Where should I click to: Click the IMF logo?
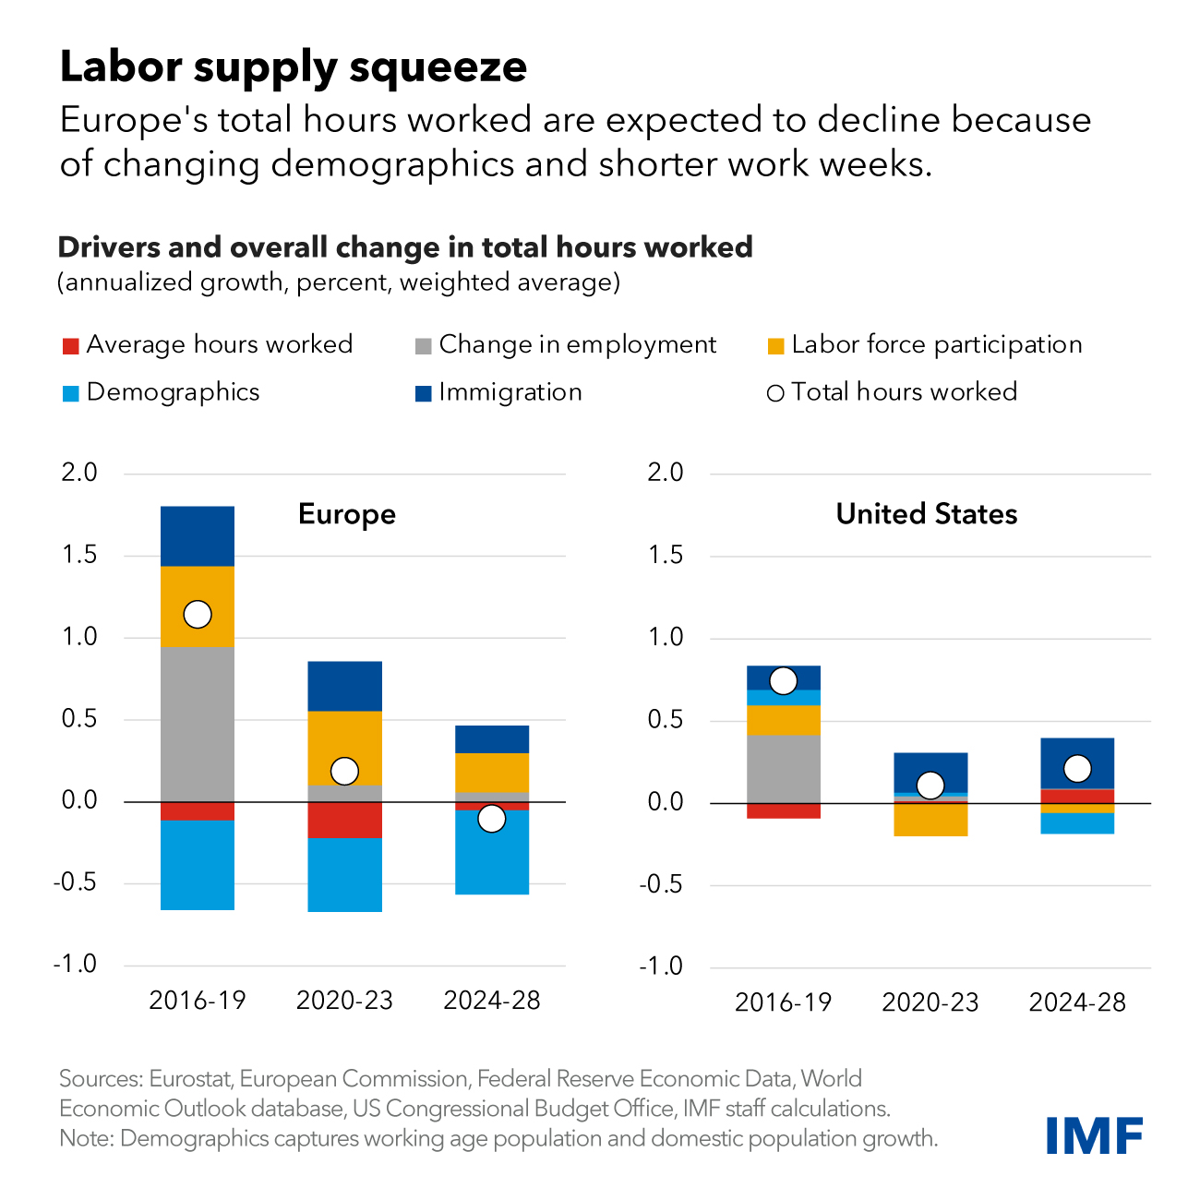pos(1094,1134)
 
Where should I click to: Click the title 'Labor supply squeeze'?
pos(294,66)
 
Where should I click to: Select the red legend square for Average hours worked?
pos(70,347)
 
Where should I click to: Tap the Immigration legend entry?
pos(510,392)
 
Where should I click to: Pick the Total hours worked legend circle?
pos(775,394)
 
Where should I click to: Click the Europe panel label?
pos(346,514)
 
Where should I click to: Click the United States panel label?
pos(926,514)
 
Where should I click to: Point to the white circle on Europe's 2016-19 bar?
pos(198,614)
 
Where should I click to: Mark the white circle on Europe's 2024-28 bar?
pos(491,818)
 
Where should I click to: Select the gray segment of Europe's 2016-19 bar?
pos(198,725)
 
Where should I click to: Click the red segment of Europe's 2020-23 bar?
pos(344,820)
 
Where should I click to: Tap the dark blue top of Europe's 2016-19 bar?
pos(198,535)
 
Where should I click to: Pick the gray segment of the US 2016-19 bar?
pos(784,769)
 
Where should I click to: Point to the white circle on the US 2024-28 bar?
pos(1077,768)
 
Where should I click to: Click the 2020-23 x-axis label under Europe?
pos(344,1001)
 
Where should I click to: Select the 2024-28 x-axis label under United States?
pos(1077,1002)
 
